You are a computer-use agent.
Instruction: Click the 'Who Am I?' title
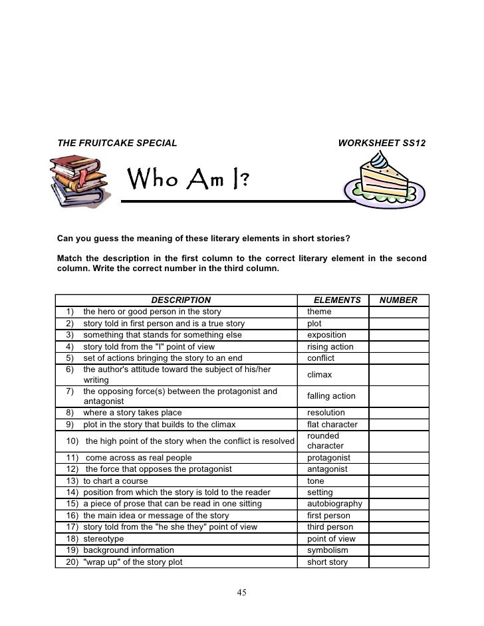(189, 178)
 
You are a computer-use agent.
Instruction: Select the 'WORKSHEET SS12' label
(382, 143)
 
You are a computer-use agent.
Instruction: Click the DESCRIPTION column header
(180, 300)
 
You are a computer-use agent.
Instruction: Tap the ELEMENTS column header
(336, 300)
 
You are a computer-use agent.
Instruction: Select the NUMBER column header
(398, 300)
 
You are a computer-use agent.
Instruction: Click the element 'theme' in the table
(319, 312)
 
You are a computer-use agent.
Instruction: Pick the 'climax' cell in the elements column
(320, 375)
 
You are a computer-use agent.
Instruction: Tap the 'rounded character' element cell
(326, 441)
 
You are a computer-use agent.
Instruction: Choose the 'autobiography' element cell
(334, 504)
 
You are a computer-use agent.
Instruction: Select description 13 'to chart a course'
(116, 480)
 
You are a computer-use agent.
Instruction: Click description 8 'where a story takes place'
(132, 412)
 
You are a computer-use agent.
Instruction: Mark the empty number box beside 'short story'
(398, 562)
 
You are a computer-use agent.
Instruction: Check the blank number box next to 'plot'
(398, 324)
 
